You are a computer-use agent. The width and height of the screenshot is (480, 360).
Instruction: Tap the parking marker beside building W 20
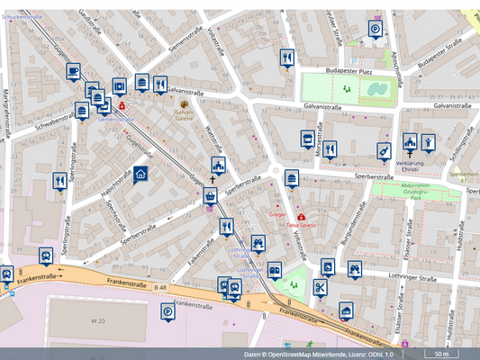[168, 312]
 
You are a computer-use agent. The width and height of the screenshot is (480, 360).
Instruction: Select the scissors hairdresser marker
[319, 287]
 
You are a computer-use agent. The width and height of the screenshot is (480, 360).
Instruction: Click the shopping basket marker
[211, 195]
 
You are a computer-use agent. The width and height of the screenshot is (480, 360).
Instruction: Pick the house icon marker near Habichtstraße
[140, 175]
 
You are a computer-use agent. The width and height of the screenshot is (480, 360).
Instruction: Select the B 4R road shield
[160, 288]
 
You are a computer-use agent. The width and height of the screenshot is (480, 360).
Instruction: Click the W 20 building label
[98, 319]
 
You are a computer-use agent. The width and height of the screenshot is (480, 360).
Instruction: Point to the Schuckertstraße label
[23, 17]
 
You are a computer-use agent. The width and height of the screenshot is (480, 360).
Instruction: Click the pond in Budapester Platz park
[376, 89]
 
